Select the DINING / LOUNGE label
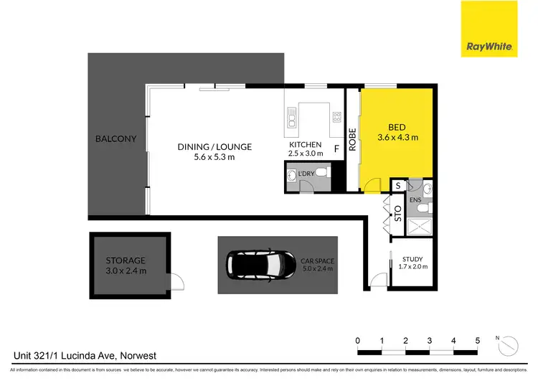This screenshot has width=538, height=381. [206, 147]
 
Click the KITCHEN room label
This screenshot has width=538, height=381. [306, 144]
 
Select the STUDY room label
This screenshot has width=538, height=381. [412, 259]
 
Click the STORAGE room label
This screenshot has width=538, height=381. [126, 260]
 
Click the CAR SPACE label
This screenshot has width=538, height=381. [318, 260]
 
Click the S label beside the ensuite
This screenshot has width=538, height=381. [398, 186]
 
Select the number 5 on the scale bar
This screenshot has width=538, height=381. [478, 341]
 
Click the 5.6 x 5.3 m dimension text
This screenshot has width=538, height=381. [206, 157]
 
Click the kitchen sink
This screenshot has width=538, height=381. [291, 117]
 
